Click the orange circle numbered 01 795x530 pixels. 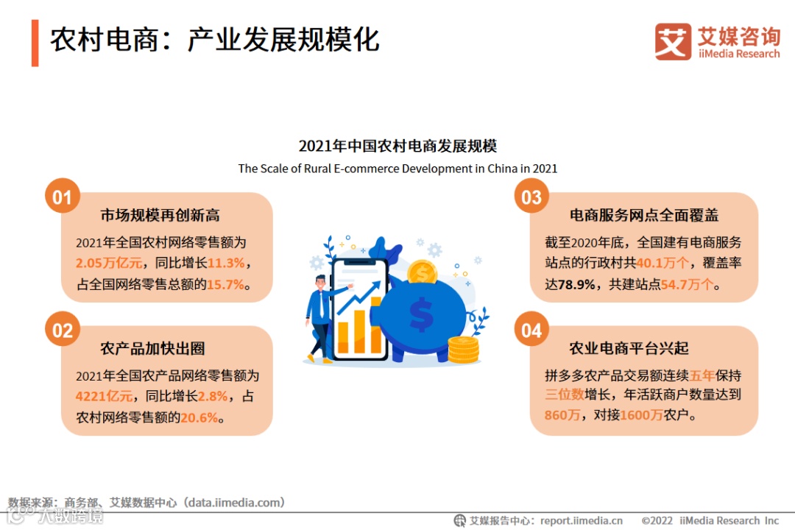tap(63, 197)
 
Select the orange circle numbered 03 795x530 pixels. tap(531, 197)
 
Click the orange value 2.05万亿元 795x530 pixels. tap(109, 264)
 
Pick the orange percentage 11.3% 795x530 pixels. tap(226, 264)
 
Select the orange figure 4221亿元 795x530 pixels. tap(104, 396)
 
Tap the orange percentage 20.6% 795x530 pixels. tap(199, 417)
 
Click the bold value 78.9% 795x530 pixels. tap(576, 285)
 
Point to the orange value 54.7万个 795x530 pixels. tap(687, 285)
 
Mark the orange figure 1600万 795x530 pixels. tap(641, 415)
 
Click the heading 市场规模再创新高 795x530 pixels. tap(160, 216)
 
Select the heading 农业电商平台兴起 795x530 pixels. tap(629, 348)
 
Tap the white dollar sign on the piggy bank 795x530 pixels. tap(421, 314)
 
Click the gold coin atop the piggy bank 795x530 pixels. tap(423, 272)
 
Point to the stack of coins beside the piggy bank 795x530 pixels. tap(464, 350)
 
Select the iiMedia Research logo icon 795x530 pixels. tap(673, 41)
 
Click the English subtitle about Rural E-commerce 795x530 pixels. tap(397, 169)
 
